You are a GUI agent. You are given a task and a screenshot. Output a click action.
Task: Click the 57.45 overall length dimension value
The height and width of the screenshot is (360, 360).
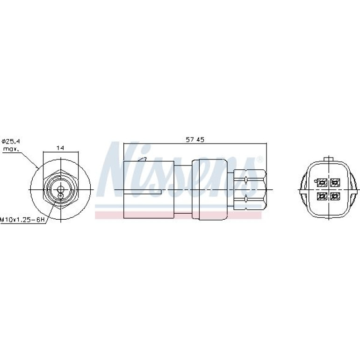(x=195, y=140)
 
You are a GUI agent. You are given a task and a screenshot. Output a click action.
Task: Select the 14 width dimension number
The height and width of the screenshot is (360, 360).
(x=60, y=148)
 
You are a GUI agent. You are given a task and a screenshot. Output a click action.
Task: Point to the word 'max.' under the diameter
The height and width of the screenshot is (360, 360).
(x=11, y=149)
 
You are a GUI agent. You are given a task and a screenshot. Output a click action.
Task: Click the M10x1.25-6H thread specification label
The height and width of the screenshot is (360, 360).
(x=22, y=220)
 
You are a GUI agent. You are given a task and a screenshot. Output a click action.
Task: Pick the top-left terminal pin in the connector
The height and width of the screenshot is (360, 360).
(x=322, y=183)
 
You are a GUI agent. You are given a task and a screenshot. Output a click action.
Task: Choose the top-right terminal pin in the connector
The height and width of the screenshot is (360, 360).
(x=335, y=183)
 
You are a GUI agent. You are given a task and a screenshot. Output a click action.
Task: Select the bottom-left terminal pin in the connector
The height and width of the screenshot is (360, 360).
(x=322, y=196)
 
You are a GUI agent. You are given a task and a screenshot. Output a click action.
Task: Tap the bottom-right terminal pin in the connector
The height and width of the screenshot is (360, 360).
(x=335, y=196)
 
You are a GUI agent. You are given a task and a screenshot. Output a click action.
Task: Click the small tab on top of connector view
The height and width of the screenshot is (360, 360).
(x=329, y=159)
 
